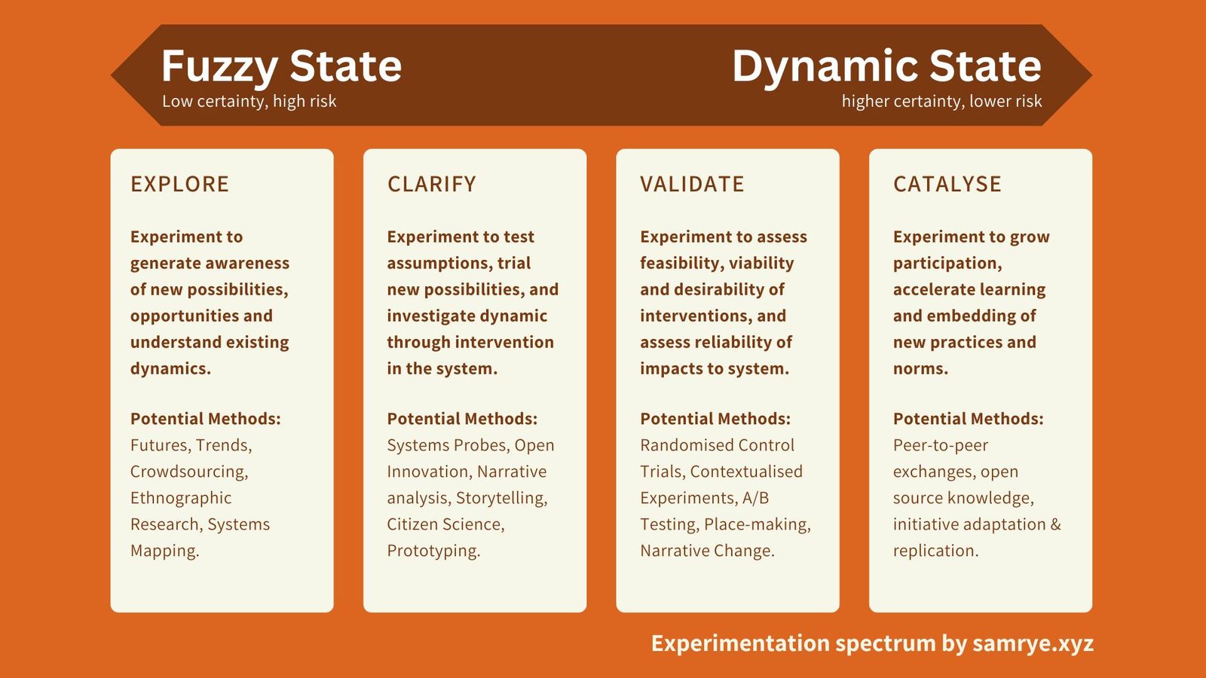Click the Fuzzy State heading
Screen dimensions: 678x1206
(x=281, y=66)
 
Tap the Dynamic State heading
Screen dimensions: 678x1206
(x=886, y=66)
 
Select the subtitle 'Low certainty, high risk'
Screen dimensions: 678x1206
(x=249, y=101)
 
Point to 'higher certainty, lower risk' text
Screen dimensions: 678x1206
(x=941, y=101)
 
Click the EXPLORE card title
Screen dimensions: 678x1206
(x=179, y=184)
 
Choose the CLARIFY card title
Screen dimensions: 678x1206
(x=431, y=184)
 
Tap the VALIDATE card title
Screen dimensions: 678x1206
(x=692, y=184)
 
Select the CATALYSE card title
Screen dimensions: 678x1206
(x=947, y=184)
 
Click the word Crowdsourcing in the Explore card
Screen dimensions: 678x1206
(x=188, y=472)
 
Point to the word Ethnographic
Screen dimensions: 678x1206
(x=181, y=498)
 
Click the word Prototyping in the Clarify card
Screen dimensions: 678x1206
(x=433, y=551)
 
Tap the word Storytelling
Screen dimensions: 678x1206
(x=501, y=498)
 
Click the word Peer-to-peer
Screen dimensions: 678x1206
(x=940, y=445)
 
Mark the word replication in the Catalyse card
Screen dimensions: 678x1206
(x=935, y=551)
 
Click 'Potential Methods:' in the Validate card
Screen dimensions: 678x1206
(x=715, y=419)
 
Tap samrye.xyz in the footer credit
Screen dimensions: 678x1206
(x=1033, y=643)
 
